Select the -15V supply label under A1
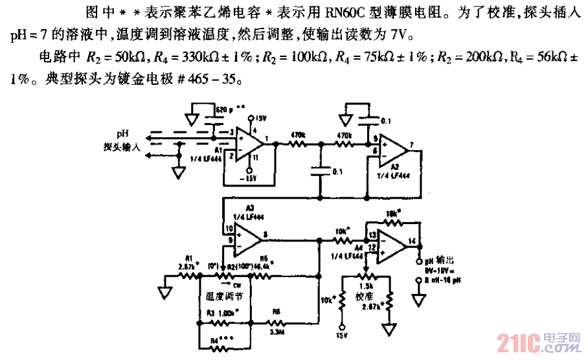coord(249,178)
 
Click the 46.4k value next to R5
coord(263,266)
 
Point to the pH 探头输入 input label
coord(119,141)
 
